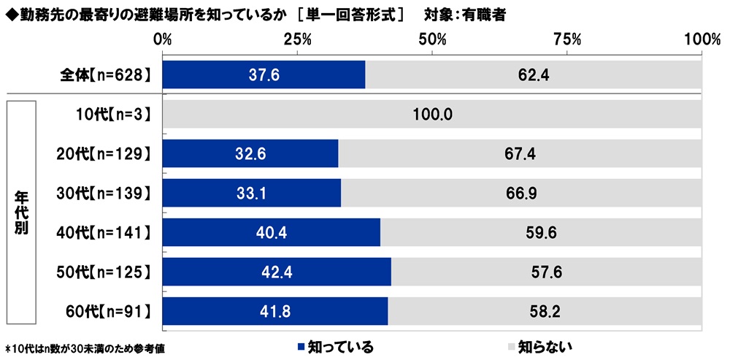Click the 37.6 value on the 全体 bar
point(264,74)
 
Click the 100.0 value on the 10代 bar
point(432,115)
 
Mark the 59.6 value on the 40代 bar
point(540,233)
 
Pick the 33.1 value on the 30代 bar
point(250,194)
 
